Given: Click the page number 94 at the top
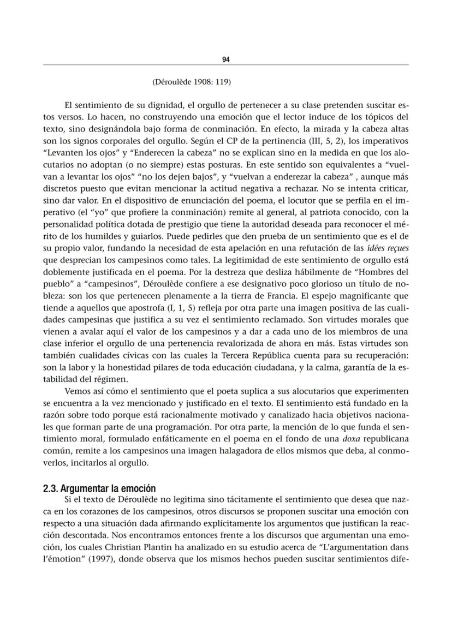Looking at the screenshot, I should tap(226, 59).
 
